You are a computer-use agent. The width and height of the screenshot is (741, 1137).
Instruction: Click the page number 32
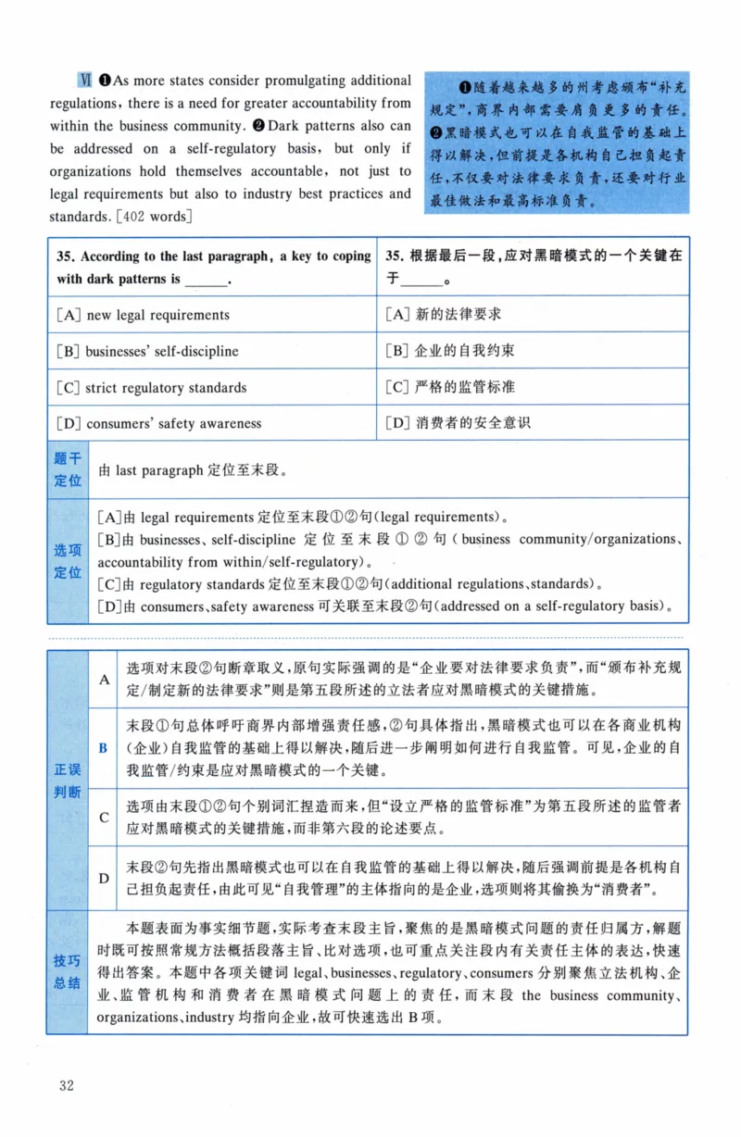coord(65,1084)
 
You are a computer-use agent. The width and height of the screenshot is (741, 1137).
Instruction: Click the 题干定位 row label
coord(68,469)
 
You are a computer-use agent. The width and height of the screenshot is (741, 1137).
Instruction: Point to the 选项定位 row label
coord(68,561)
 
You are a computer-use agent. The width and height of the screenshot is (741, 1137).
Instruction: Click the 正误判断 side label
coord(68,781)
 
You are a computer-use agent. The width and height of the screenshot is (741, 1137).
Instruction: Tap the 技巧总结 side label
coord(68,973)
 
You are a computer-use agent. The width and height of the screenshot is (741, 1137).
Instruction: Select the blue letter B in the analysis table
coord(104,747)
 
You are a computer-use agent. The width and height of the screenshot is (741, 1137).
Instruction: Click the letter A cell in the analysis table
coord(104,679)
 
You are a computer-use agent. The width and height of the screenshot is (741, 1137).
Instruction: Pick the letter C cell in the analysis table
coord(104,817)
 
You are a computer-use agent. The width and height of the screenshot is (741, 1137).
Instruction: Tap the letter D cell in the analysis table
coord(104,878)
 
